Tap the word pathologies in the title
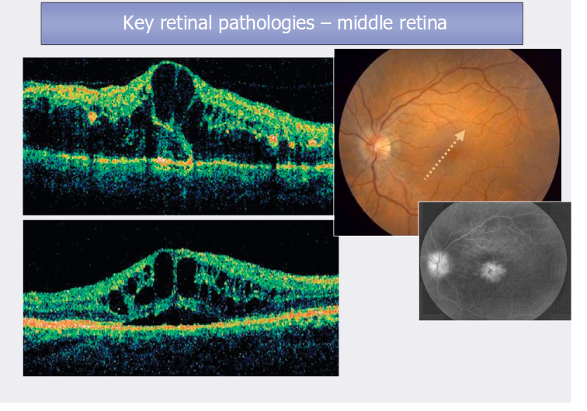256,23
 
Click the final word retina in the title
421,23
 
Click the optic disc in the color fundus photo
380,143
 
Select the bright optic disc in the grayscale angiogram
436,262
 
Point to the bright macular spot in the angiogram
491,271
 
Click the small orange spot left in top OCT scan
92,117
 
